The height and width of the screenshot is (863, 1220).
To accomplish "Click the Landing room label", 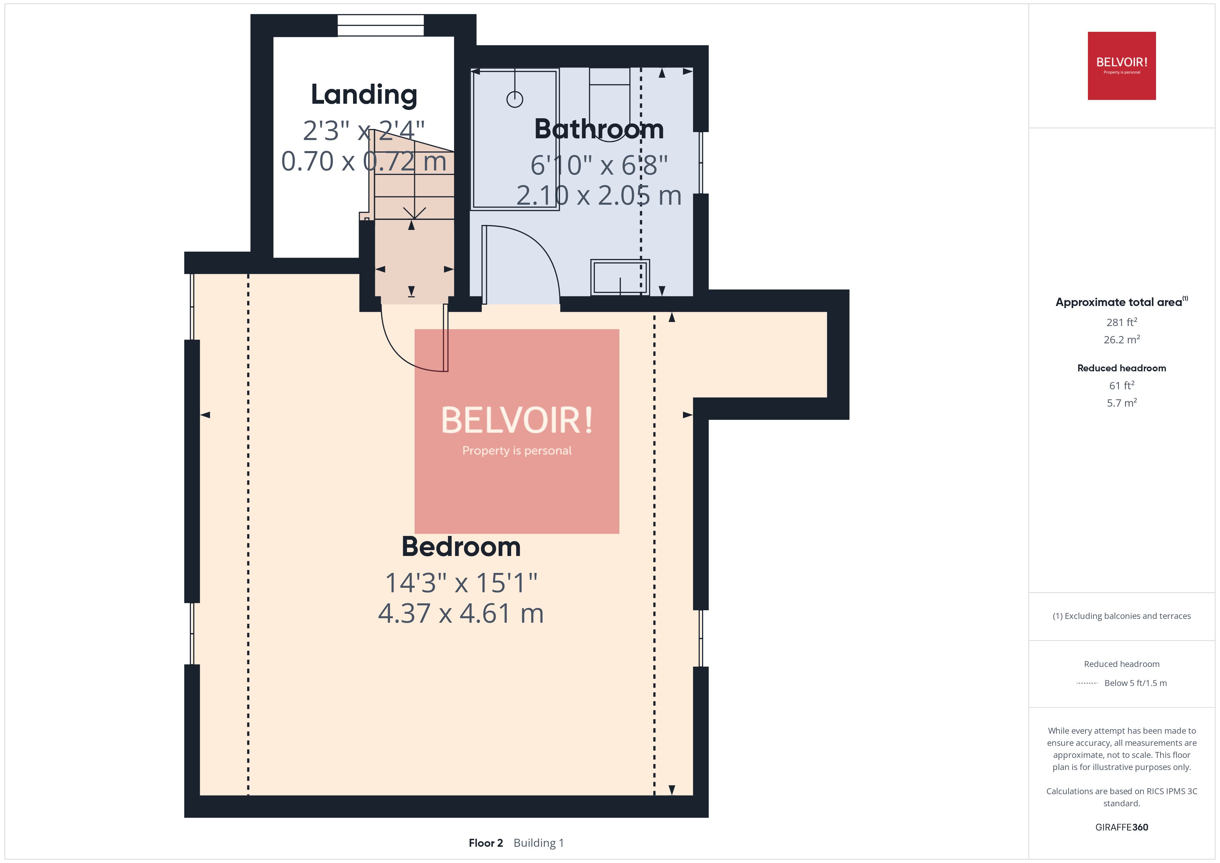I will coord(364,95).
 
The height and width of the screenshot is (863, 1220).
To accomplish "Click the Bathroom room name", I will coord(599,129).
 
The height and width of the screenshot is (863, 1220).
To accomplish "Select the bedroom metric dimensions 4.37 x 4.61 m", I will coord(461,613).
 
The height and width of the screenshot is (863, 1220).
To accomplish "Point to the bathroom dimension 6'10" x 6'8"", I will coord(599,165).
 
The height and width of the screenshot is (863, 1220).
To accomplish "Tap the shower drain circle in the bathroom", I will coord(514,99).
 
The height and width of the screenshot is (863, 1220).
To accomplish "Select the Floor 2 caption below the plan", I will coord(485,843).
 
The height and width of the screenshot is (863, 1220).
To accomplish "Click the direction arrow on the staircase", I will coord(414,213).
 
